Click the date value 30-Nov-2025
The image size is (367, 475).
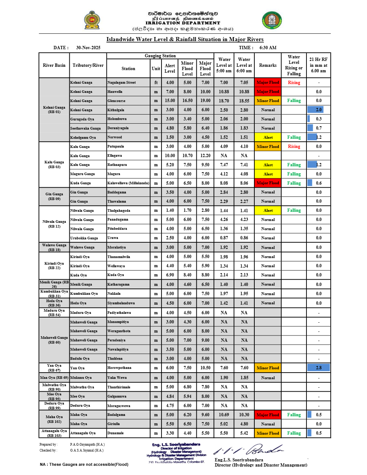coord(88,48)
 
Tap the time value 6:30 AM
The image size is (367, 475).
coord(268,48)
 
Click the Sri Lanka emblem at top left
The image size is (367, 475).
coord(92,20)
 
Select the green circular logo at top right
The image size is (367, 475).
coord(272,20)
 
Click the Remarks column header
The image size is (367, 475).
coord(268,65)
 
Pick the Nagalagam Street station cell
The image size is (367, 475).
coord(121,83)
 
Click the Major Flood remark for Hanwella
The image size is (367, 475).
coord(268,92)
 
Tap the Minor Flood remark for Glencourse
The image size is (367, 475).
coord(268,101)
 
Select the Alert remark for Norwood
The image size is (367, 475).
coord(268,137)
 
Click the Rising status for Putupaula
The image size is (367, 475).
coord(294,146)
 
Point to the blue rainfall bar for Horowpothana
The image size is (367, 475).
coord(318,367)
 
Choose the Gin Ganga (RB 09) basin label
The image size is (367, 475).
coord(54,196)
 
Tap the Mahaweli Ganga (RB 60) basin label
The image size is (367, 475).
coord(54,340)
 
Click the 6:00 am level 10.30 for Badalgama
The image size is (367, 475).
coord(244,415)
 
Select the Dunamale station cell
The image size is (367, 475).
coord(116,433)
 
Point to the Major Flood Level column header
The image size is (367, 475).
coord(205,69)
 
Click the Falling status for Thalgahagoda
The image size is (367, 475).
coord(294,210)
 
